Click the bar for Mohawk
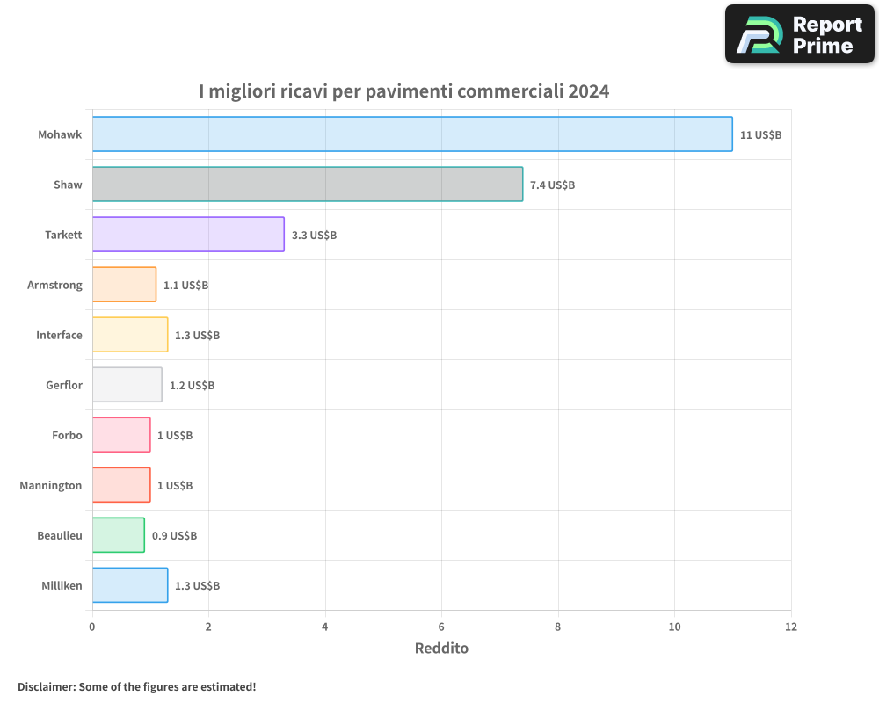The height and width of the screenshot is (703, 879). pyautogui.click(x=412, y=134)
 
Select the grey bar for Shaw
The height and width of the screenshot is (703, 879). pyautogui.click(x=308, y=184)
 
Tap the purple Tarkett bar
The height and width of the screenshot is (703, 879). pyautogui.click(x=188, y=234)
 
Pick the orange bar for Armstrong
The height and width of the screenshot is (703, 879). pyautogui.click(x=124, y=284)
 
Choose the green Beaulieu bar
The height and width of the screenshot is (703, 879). pyautogui.click(x=118, y=534)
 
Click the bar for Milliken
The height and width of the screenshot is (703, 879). pyautogui.click(x=130, y=584)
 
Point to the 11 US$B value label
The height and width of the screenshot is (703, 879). pyautogui.click(x=760, y=134)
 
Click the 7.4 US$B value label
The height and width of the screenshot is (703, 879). pyautogui.click(x=552, y=185)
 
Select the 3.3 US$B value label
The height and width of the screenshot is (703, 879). pyautogui.click(x=314, y=235)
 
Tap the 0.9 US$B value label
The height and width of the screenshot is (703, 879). pyautogui.click(x=174, y=535)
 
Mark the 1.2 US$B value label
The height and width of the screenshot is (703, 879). pyautogui.click(x=192, y=385)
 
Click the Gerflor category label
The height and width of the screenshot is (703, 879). pyautogui.click(x=64, y=385)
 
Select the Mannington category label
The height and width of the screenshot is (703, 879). pyautogui.click(x=51, y=485)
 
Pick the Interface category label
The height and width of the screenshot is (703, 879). pyautogui.click(x=59, y=335)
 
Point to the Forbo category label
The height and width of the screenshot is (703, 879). pyautogui.click(x=67, y=435)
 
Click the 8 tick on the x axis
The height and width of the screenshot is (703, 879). pyautogui.click(x=558, y=627)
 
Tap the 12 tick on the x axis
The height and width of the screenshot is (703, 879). pyautogui.click(x=791, y=627)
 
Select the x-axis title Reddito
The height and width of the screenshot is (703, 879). pyautogui.click(x=441, y=649)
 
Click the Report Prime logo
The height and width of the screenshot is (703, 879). pyautogui.click(x=799, y=34)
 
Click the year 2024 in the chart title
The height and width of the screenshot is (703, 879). pyautogui.click(x=588, y=91)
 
